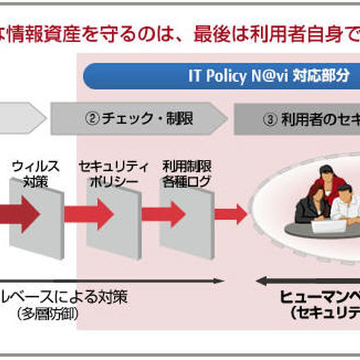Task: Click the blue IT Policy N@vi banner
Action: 225,76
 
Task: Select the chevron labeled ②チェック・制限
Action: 139,118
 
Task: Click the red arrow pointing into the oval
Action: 230,213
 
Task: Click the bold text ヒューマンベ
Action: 322,297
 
